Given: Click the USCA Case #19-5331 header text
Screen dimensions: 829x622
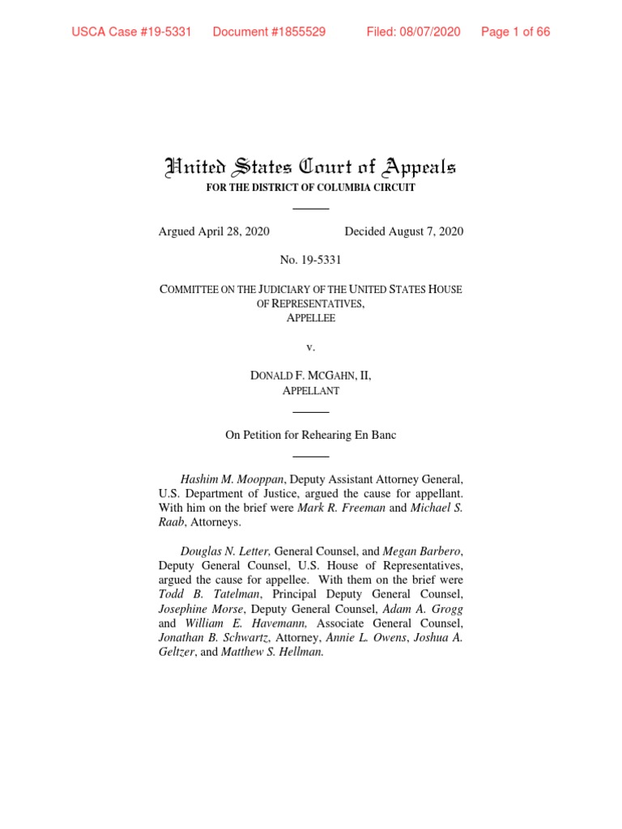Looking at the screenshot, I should click(131, 32).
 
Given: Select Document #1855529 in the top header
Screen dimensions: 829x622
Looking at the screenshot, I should click(269, 32).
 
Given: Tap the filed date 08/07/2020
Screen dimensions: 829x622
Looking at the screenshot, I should click(413, 32).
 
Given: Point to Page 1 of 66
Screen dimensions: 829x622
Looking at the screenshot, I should click(515, 32).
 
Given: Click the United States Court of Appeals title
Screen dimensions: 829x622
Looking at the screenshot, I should click(311, 168).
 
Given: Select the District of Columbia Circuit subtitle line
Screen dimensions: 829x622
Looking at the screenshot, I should click(311, 188).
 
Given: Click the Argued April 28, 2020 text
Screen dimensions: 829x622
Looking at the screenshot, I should click(214, 232).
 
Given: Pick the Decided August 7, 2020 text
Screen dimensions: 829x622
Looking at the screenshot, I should click(404, 232).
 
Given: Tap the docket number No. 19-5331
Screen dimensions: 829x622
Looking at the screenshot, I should click(311, 260).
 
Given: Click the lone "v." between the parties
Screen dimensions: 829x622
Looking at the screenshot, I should click(311, 346).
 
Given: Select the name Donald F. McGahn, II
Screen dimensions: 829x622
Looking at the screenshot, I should click(311, 376).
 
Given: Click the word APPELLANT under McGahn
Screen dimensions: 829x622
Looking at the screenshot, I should click(311, 390).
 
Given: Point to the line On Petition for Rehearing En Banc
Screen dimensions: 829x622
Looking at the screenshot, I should click(311, 435).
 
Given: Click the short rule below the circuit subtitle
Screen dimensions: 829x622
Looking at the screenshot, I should click(311, 209).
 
